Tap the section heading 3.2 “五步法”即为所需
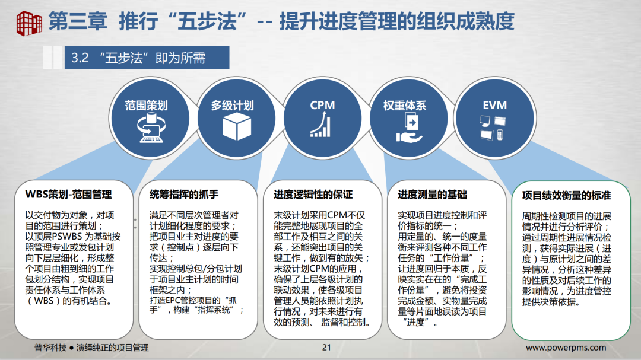pos(138,58)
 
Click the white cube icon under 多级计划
pos(233,126)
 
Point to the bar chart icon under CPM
pos(320,126)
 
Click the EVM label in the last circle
pos(494,105)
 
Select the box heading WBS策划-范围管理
pos(68,195)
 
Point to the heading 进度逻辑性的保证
pos(313,195)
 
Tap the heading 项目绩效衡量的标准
pos(566,195)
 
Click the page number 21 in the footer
pos(326,348)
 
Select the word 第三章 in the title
pos(77,21)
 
